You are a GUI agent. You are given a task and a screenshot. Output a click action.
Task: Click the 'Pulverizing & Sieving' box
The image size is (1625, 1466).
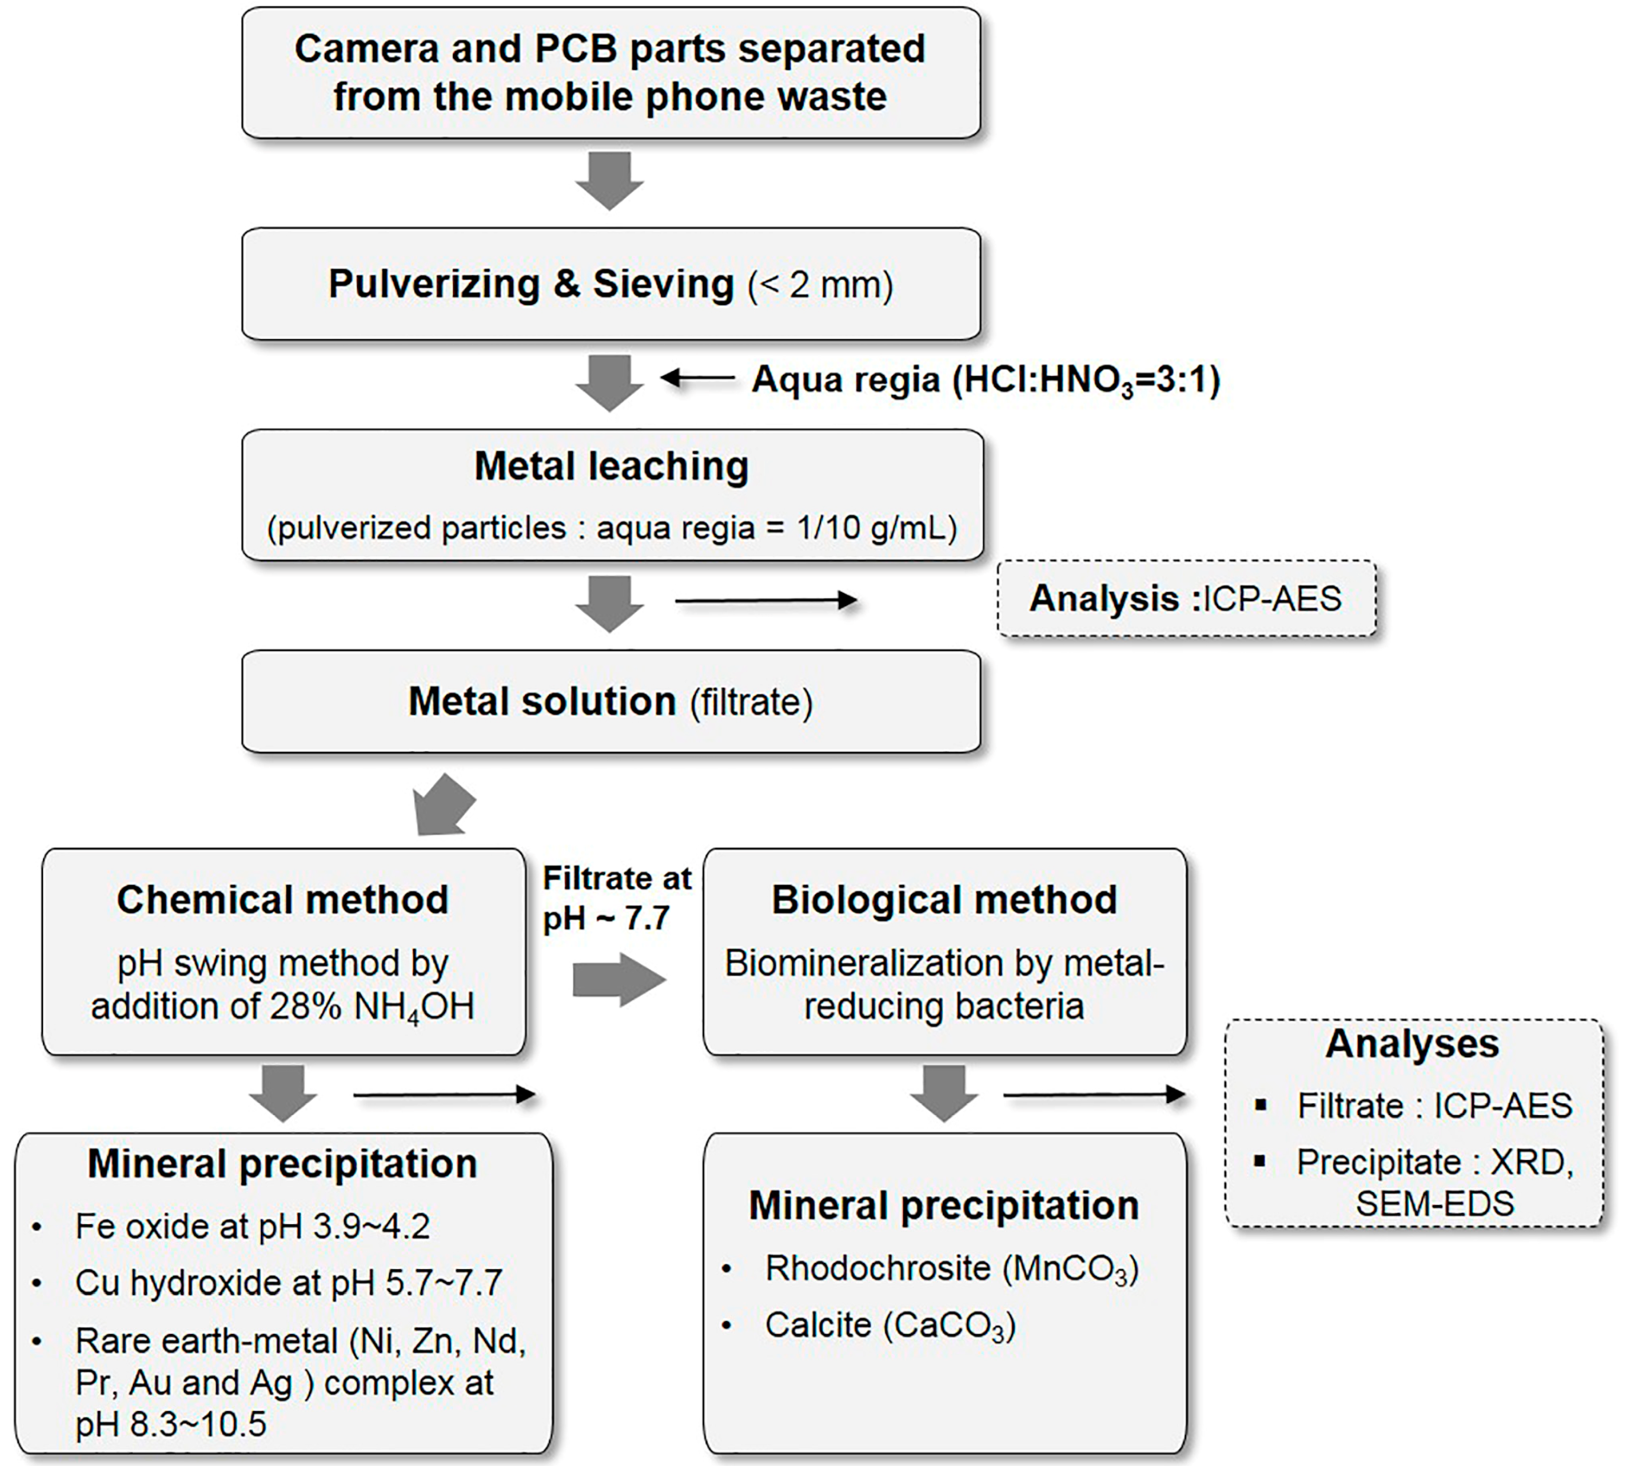point(611,283)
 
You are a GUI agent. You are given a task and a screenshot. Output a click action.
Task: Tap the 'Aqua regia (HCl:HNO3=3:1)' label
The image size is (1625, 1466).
point(985,380)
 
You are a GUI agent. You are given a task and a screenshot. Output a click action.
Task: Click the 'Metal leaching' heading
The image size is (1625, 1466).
point(611,466)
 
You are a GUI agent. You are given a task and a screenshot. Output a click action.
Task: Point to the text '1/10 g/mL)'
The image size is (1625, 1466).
point(876,528)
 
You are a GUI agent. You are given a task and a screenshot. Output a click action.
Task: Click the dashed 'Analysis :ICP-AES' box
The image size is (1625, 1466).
point(1186,598)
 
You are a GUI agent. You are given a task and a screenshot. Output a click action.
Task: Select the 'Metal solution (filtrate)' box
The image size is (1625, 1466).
point(611,701)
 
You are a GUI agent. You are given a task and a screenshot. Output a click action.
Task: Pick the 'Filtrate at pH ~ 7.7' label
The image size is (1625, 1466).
point(616,897)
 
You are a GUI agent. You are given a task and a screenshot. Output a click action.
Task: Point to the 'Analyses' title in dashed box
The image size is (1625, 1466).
point(1412,1044)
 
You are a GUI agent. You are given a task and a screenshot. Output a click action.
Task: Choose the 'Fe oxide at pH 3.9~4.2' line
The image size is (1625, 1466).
point(252,1226)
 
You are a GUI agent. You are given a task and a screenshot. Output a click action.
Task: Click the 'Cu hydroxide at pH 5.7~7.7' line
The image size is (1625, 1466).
point(288,1282)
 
